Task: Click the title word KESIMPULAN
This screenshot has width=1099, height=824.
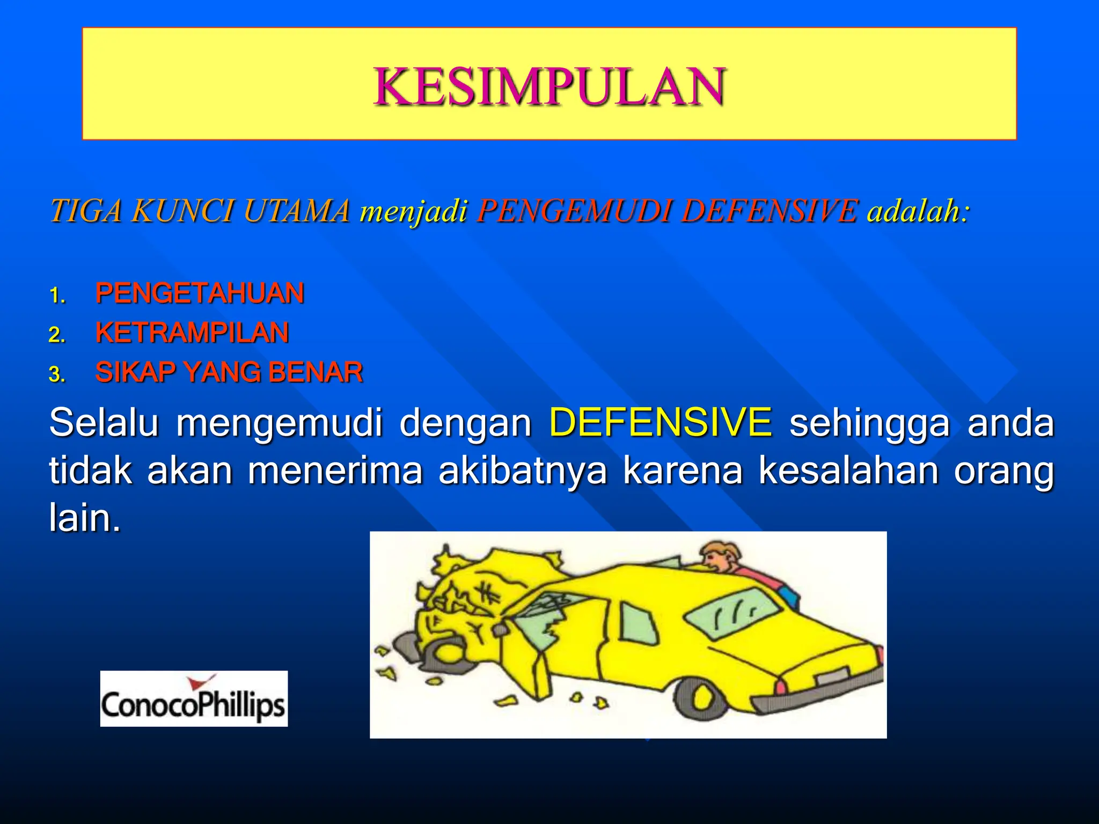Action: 549,86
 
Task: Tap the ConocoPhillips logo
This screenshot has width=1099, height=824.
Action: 194,699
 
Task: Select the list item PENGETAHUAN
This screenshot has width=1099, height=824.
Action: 200,293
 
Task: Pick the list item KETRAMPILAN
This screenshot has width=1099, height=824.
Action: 192,333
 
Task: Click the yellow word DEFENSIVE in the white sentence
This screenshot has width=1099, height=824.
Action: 661,422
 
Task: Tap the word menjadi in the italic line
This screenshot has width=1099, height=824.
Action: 414,210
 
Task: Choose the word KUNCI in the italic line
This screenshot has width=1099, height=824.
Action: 182,210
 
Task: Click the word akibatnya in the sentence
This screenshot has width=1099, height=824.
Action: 523,471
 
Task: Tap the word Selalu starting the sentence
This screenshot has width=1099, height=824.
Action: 104,422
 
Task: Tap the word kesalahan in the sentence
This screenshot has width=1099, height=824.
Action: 848,471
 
